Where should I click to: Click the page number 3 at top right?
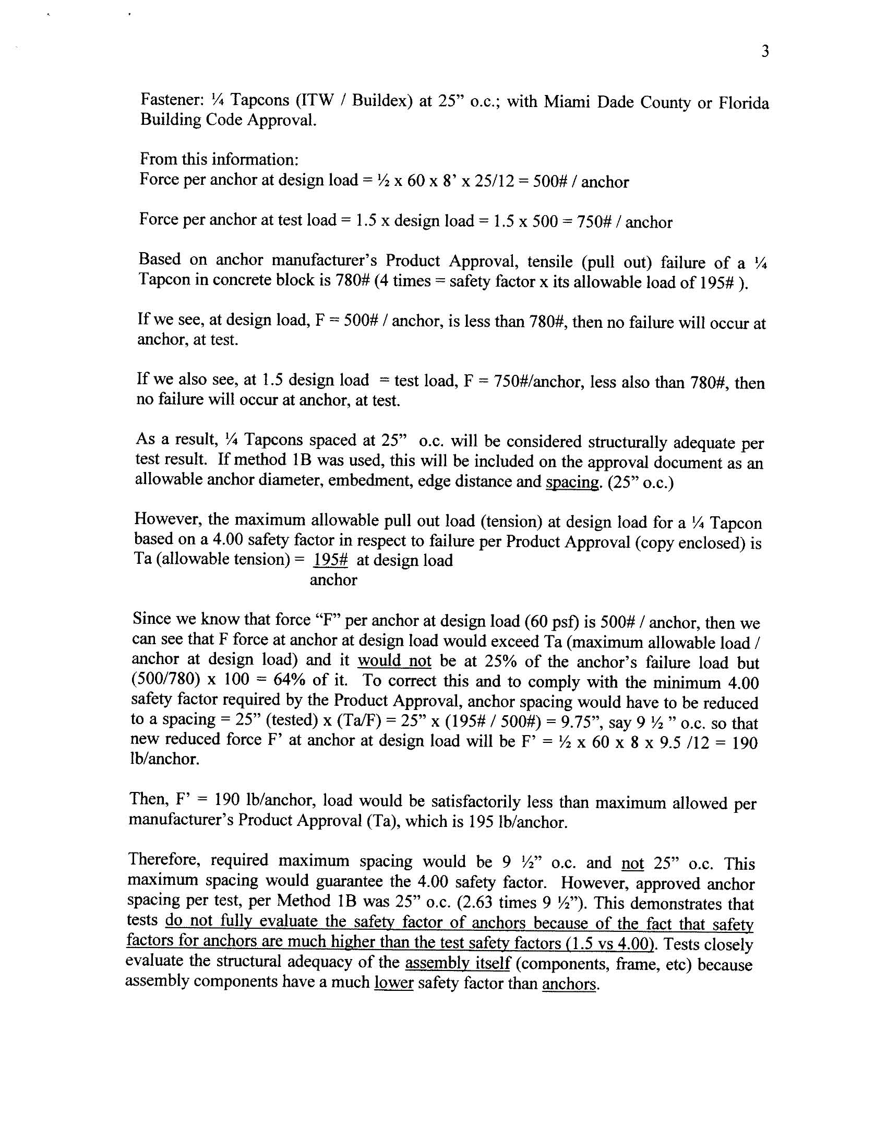765,52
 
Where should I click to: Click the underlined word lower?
393,983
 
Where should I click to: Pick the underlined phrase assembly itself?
458,964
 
